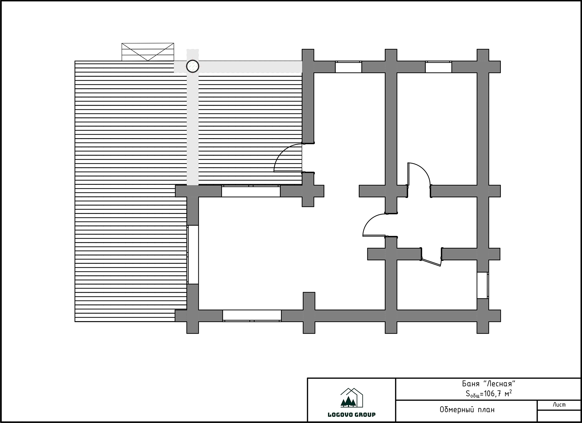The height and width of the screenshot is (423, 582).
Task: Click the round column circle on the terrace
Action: click(192, 66)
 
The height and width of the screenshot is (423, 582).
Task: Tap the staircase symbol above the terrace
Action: click(148, 52)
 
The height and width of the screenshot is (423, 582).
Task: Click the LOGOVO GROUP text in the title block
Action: click(352, 415)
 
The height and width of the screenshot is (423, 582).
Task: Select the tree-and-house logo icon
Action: click(352, 398)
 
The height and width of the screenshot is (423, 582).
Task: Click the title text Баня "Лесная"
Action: click(489, 384)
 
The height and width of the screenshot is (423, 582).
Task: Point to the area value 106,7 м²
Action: click(498, 394)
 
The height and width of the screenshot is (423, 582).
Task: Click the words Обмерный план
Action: click(467, 410)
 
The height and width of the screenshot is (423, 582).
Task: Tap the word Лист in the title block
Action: click(559, 405)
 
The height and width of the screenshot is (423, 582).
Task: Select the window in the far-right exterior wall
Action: click(483, 285)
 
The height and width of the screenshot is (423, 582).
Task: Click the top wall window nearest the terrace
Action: click(348, 67)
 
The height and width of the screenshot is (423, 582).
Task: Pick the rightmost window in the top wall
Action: click(438, 67)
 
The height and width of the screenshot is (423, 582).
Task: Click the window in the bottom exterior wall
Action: click(252, 315)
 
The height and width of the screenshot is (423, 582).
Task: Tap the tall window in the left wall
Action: click(193, 255)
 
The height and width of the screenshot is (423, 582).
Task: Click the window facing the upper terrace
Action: click(251, 191)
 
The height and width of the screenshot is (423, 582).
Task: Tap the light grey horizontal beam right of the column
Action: click(250, 67)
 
